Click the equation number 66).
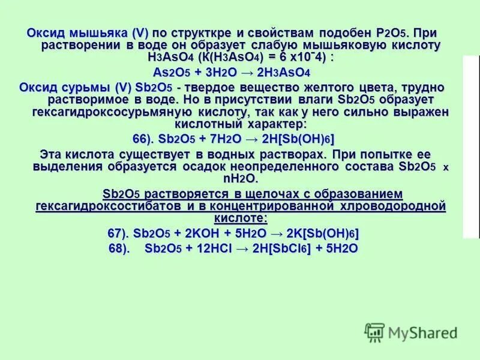(144, 139)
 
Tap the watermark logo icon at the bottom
(376, 331)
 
